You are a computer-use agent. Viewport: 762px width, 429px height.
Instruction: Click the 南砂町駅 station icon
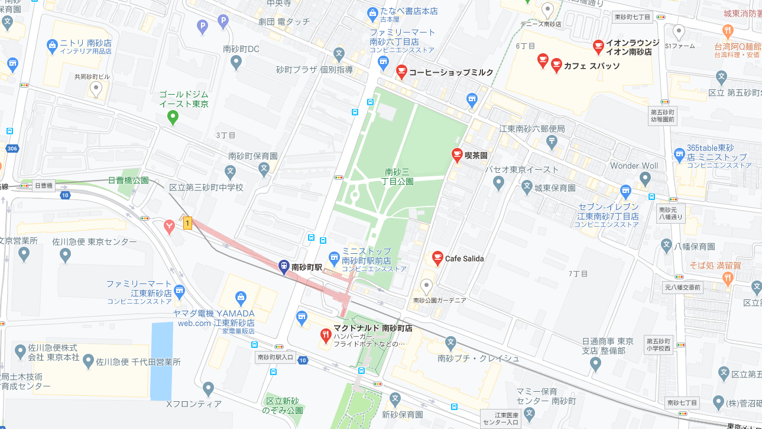coord(284,266)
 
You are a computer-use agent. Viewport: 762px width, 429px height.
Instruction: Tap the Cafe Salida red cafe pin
coord(437,257)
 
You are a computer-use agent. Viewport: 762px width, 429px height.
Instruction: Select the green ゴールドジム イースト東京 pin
coord(173,117)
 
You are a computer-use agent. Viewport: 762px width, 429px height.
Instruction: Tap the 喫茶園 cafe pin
coord(456,154)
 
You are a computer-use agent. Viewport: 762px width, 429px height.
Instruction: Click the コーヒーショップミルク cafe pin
coord(401,72)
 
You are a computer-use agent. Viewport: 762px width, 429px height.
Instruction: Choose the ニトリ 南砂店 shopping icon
coord(51,44)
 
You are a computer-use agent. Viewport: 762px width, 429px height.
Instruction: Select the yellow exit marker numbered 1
coord(187,223)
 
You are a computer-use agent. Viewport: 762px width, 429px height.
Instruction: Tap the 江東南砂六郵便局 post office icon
coord(552,141)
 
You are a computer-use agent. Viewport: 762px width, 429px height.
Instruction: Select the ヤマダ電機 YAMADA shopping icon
coord(241,297)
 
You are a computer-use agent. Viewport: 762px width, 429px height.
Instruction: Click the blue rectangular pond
coord(160,361)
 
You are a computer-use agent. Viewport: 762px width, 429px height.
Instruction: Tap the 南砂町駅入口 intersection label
coord(275,357)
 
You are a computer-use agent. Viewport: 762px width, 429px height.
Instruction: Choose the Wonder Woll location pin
coord(645,178)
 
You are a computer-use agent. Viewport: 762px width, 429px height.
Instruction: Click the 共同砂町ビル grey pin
coord(96,89)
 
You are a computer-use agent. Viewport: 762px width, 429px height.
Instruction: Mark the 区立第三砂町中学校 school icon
coord(230,172)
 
